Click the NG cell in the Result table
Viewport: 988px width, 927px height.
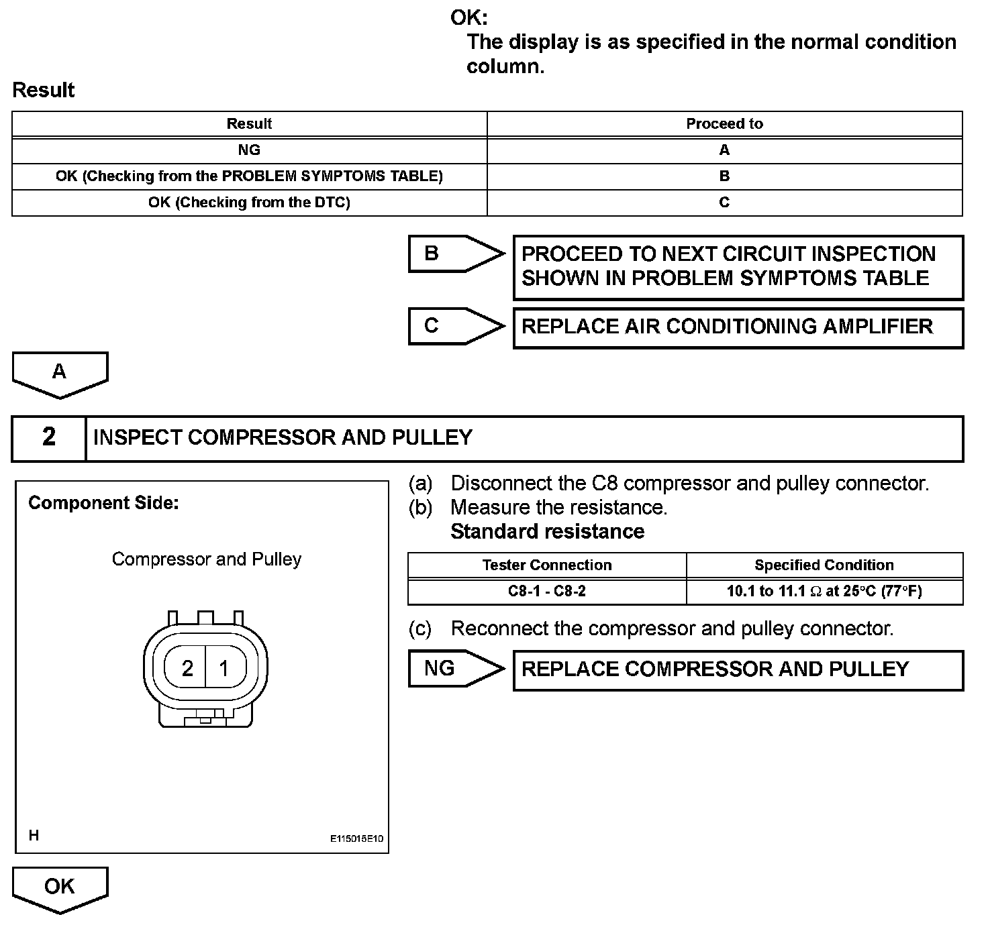click(x=249, y=150)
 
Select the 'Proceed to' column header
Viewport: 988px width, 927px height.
click(x=724, y=124)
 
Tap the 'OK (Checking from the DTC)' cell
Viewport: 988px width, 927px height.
click(x=249, y=203)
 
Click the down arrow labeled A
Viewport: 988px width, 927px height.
click(x=60, y=373)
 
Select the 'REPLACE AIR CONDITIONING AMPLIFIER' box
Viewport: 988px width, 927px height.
click(x=738, y=327)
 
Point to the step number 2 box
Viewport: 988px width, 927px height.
click(x=49, y=437)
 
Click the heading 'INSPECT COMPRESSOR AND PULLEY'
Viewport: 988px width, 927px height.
click(x=283, y=437)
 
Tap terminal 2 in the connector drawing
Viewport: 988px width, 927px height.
click(x=187, y=668)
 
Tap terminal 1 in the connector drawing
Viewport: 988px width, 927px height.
click(x=224, y=668)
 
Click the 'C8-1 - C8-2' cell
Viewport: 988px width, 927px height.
click(x=546, y=592)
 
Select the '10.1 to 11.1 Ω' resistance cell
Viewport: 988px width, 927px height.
click(x=824, y=592)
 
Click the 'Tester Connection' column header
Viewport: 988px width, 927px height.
click(x=546, y=565)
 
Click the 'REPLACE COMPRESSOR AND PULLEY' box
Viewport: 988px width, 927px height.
click(x=738, y=669)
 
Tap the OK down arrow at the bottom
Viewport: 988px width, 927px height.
click(x=60, y=888)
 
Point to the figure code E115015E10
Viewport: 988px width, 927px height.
click(x=356, y=838)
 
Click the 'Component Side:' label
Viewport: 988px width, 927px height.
click(x=103, y=503)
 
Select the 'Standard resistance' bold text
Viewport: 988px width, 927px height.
click(x=547, y=531)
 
